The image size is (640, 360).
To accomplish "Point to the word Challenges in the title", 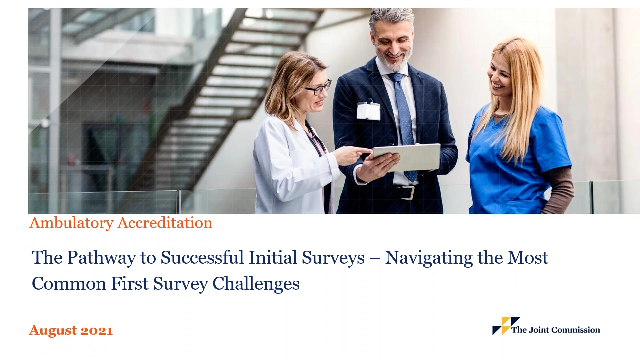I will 256,284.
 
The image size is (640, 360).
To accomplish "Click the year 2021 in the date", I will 96,330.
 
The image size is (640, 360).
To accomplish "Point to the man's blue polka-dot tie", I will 404,120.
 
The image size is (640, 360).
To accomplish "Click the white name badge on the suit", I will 368,111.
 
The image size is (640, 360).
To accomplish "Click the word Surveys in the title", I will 333,258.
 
